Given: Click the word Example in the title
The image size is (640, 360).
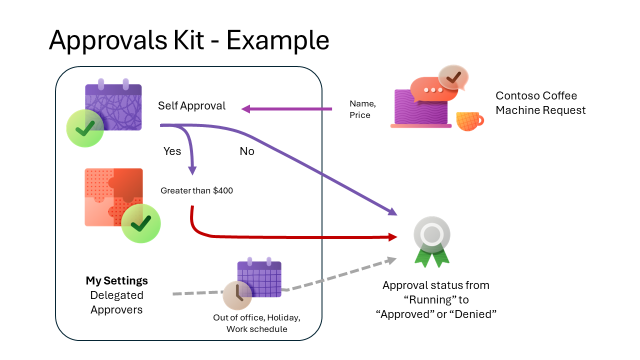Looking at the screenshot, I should [x=278, y=39].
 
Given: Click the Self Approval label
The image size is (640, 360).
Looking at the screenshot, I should [x=191, y=106].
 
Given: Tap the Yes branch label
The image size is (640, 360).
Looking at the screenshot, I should [x=172, y=151].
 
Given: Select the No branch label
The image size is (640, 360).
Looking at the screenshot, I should [x=247, y=151].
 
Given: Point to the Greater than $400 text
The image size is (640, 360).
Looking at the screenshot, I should [x=196, y=190].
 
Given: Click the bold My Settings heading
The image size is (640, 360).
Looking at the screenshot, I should [x=116, y=280].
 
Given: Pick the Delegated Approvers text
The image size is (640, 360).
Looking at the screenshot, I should [x=116, y=302].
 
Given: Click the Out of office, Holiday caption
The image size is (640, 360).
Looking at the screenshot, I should [x=257, y=317].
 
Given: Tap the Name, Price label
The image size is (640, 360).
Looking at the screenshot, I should [x=362, y=109].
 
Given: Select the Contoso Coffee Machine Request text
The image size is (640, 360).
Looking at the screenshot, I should [x=540, y=103].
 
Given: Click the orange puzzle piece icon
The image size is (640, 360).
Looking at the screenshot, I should [x=113, y=197].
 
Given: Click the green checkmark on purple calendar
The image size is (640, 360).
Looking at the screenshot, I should [x=85, y=128].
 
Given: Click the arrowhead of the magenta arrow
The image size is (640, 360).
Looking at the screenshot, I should [x=245, y=108].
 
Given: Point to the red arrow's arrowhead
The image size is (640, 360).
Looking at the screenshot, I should [x=392, y=236].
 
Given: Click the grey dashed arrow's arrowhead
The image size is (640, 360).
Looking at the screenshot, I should [x=391, y=260].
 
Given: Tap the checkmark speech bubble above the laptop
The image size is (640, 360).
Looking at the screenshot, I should [x=453, y=77].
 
